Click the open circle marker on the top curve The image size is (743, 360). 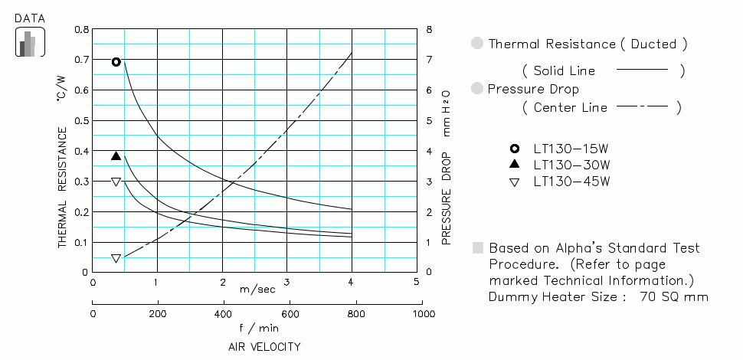[x=116, y=62]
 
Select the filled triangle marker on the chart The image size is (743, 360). [x=116, y=156]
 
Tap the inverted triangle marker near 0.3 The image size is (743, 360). [x=116, y=182]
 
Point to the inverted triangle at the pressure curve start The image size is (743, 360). [x=116, y=259]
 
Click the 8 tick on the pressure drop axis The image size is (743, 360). [x=430, y=29]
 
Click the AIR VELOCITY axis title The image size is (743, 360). [x=264, y=347]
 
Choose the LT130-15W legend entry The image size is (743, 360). [x=571, y=149]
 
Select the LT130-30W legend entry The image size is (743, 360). [x=571, y=165]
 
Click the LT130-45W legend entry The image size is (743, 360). [x=571, y=182]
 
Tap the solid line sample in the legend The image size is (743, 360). [x=642, y=70]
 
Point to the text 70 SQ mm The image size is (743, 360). [x=673, y=297]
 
